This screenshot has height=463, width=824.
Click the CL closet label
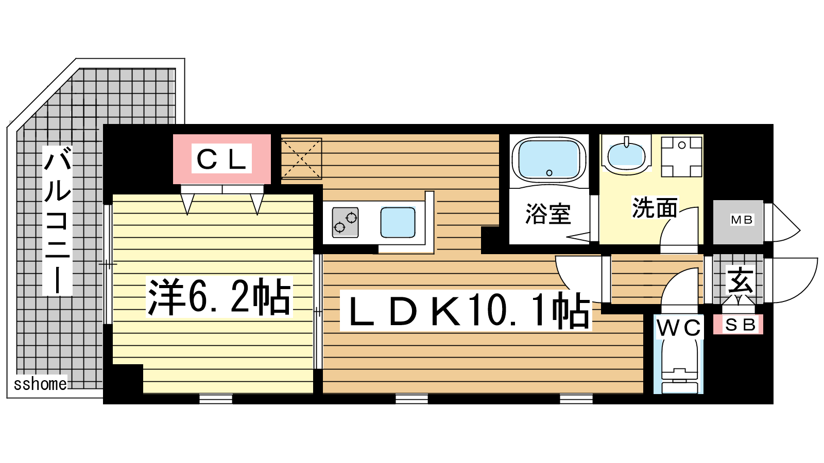click(221, 158)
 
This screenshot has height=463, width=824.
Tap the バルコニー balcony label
click(57, 221)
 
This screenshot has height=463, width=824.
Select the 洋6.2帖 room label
click(219, 297)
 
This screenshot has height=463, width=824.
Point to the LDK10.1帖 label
click(466, 310)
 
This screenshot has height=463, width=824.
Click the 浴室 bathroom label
click(548, 213)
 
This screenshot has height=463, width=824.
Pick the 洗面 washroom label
click(655, 208)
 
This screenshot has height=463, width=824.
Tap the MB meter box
click(738, 222)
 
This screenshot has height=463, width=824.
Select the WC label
click(679, 327)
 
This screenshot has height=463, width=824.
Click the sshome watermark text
click(41, 384)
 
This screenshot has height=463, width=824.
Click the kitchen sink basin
click(398, 222)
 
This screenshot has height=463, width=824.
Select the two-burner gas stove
click(345, 222)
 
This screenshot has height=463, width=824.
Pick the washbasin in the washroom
click(626, 155)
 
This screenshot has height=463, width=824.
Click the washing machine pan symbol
click(682, 157)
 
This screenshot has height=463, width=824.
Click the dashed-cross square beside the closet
click(302, 159)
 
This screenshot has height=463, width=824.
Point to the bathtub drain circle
click(549, 173)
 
